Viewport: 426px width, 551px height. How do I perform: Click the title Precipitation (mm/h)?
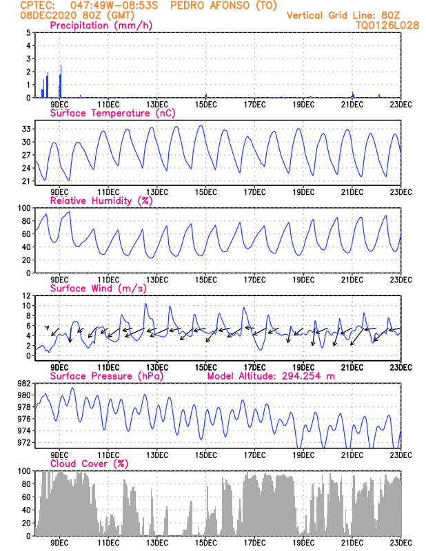coord(101,25)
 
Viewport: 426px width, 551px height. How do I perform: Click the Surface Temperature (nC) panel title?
coord(110,113)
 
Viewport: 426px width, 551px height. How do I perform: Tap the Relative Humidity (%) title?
coord(101,201)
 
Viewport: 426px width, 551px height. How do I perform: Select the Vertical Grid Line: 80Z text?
coord(343,15)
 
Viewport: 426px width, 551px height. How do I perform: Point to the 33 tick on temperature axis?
coord(26,129)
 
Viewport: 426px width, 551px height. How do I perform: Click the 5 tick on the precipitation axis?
coord(28,32)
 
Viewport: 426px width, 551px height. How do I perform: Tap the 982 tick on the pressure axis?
coord(23,384)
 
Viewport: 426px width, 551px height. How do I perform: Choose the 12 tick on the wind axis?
coord(26,295)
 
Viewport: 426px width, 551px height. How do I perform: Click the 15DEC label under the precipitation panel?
coord(205,105)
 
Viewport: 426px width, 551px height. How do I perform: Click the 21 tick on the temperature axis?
coord(26,181)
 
